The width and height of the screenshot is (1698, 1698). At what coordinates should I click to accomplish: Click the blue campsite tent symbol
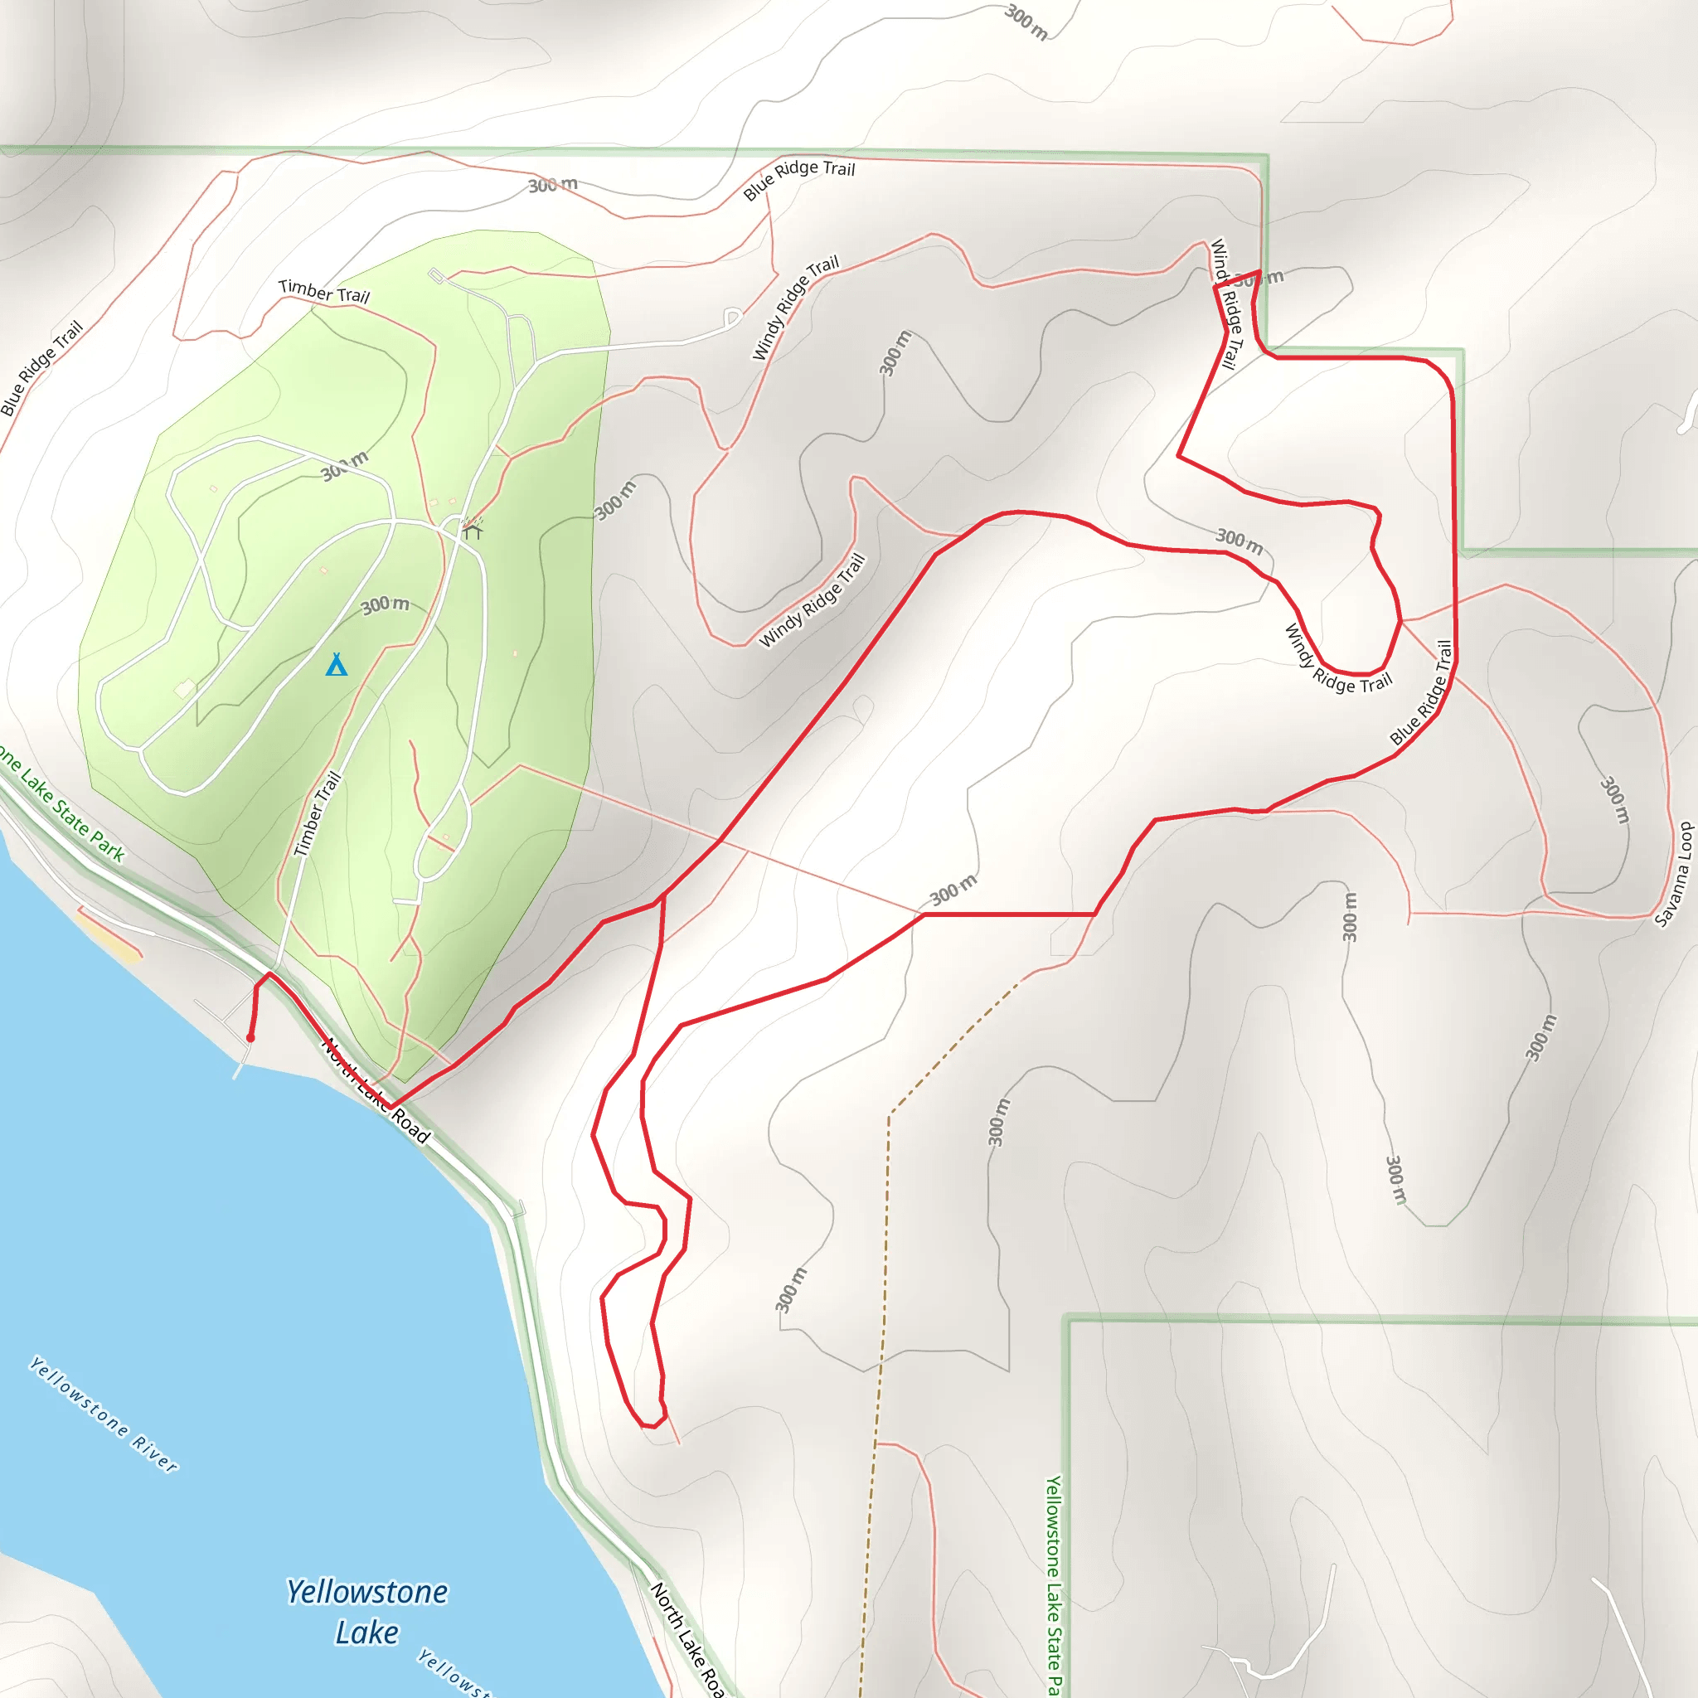click(x=337, y=664)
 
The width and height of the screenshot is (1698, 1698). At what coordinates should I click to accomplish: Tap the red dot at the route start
click(x=250, y=1038)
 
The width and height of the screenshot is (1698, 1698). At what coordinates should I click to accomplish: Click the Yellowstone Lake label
click(x=367, y=1612)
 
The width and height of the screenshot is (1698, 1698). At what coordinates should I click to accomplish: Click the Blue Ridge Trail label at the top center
click(x=798, y=179)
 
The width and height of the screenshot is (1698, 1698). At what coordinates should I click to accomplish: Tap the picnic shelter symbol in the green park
click(x=473, y=530)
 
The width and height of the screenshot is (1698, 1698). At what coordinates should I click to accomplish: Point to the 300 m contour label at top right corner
click(x=1026, y=22)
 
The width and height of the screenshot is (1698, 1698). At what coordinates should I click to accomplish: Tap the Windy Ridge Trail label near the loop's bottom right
click(x=1337, y=662)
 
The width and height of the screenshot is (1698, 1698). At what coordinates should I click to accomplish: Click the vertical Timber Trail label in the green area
click(x=318, y=814)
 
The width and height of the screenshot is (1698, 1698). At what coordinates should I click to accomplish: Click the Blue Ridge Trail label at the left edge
click(x=41, y=368)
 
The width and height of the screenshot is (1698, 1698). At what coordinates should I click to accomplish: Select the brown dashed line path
click(x=888, y=1230)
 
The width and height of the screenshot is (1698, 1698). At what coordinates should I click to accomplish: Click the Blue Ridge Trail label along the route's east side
click(x=1421, y=693)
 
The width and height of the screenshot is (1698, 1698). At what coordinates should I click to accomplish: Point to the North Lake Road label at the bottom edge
click(x=686, y=1638)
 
